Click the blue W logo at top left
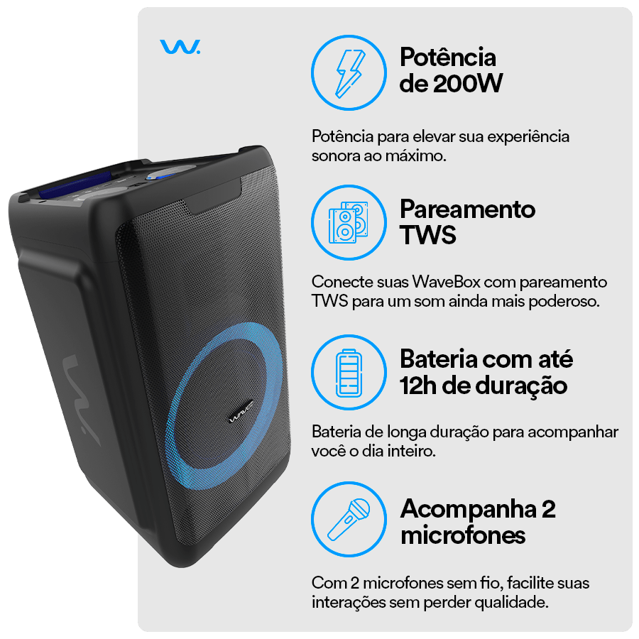click(x=180, y=46)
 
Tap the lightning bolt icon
click(x=349, y=73)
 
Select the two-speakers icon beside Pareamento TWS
click(x=349, y=222)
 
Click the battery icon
click(x=349, y=373)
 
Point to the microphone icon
click(x=349, y=520)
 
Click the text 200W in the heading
click(x=468, y=84)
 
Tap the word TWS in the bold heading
click(x=428, y=235)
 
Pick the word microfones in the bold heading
click(x=463, y=535)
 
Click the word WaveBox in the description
click(x=447, y=282)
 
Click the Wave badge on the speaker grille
click(x=241, y=412)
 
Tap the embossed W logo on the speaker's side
click(x=81, y=399)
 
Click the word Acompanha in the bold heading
click(x=469, y=509)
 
